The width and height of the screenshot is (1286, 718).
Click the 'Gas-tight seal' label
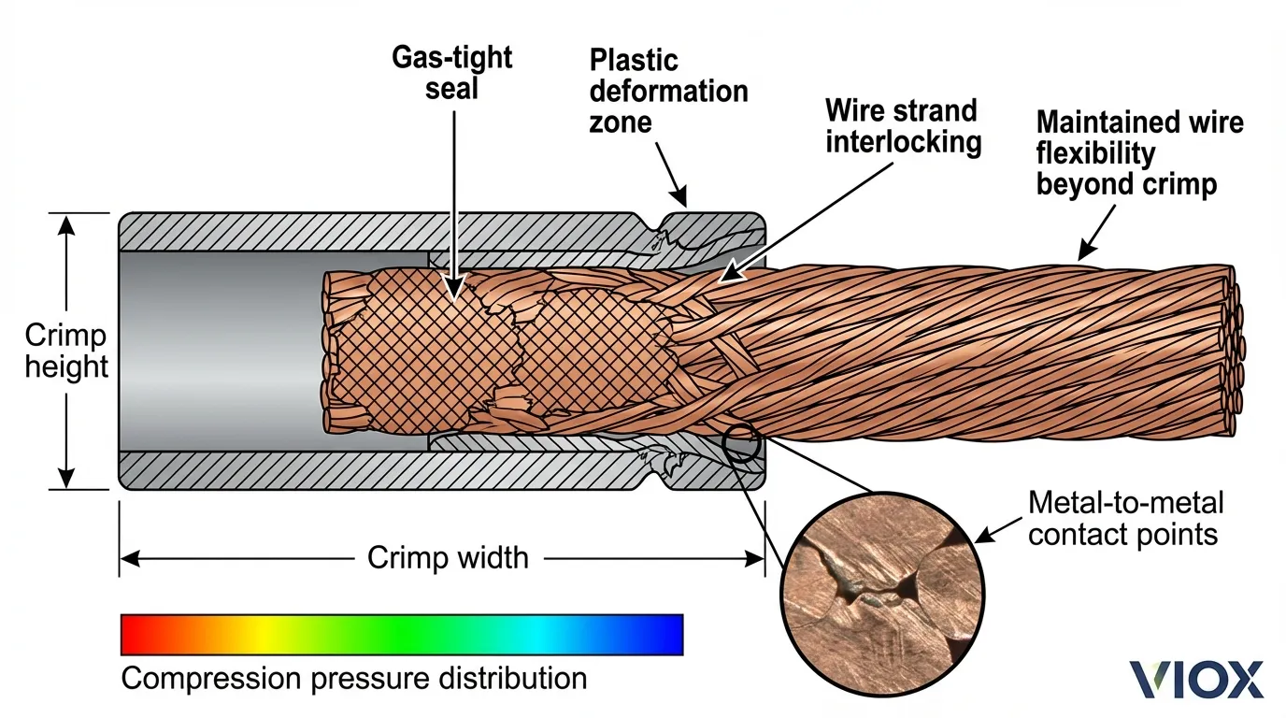[451, 72]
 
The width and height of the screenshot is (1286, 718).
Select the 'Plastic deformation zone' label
[667, 91]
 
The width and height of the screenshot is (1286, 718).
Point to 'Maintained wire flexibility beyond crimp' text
[1138, 152]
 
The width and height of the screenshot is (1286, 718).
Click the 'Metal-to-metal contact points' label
[1125, 519]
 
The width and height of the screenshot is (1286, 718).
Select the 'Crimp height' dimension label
[65, 351]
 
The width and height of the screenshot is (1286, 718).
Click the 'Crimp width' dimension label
[448, 558]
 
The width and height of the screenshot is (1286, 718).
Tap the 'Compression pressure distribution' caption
[354, 678]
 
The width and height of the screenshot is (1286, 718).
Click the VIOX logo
[1196, 680]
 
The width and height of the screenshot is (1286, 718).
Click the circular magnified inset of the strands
[881, 582]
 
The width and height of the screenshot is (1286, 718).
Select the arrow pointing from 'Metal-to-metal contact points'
[1000, 530]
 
